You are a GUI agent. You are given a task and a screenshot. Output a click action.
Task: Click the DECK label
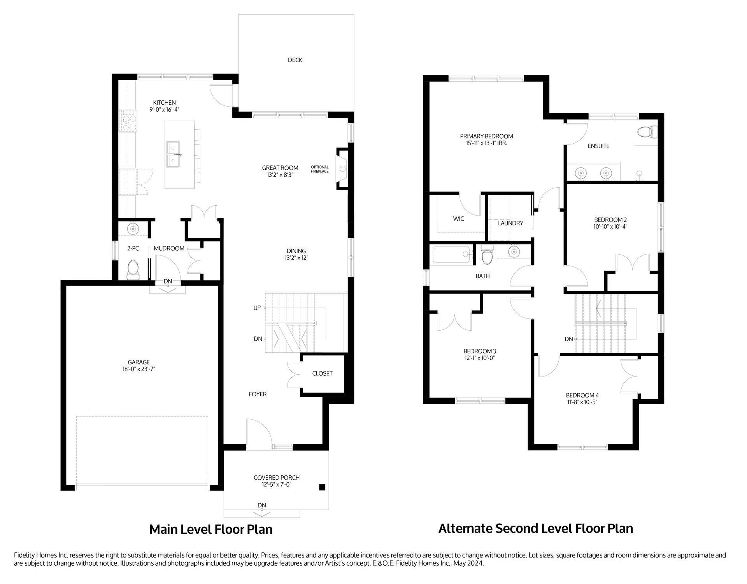(295, 60)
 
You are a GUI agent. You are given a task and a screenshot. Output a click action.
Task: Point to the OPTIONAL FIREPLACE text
(320, 169)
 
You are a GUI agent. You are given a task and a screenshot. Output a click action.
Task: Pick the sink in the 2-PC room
(133, 228)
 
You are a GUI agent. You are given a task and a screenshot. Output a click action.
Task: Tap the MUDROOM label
(169, 248)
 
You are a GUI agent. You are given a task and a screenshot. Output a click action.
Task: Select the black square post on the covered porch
(322, 487)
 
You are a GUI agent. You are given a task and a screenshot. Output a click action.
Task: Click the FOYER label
(258, 394)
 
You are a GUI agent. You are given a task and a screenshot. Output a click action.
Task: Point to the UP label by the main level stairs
(257, 308)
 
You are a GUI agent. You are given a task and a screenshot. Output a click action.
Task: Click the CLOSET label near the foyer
(322, 373)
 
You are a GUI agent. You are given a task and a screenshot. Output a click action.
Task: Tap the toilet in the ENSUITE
(648, 132)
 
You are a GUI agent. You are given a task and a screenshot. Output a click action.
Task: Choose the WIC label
(458, 219)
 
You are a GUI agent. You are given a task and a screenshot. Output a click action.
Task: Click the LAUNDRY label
(510, 223)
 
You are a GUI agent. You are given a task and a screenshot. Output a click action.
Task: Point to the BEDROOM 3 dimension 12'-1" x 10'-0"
(479, 358)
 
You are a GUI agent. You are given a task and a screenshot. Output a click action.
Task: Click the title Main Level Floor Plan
(211, 529)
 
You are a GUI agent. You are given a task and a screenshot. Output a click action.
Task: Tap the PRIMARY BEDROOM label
(486, 136)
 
